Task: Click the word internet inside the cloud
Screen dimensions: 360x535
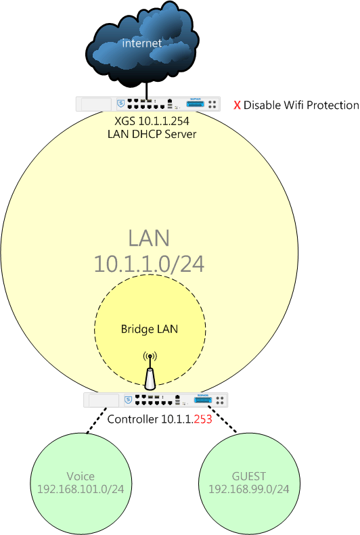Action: [141, 43]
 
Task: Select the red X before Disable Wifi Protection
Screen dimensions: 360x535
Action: [237, 105]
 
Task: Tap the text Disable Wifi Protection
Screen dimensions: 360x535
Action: [301, 105]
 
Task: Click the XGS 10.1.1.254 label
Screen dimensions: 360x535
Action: [152, 121]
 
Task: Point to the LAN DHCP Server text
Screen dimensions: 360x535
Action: [152, 134]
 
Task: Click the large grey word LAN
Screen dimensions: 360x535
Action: [149, 238]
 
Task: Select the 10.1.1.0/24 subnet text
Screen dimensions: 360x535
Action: [149, 264]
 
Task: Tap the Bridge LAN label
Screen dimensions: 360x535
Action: [150, 329]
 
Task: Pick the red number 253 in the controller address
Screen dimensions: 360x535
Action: [203, 419]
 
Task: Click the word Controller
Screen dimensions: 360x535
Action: [133, 419]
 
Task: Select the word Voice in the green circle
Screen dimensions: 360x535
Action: [81, 476]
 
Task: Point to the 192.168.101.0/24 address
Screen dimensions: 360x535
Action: [81, 489]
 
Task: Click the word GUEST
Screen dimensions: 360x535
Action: [249, 476]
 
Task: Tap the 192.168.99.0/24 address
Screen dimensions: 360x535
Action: [249, 489]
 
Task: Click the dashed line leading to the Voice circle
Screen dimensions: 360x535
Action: [97, 421]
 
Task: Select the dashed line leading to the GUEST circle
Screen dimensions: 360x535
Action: [222, 419]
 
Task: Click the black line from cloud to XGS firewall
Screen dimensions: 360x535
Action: [147, 91]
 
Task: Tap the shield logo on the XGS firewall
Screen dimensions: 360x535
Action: [121, 103]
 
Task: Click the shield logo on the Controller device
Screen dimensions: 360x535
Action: [129, 400]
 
